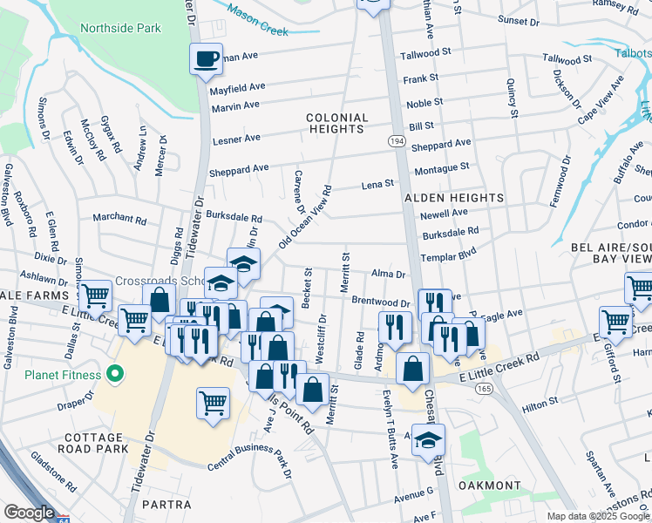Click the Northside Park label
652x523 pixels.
(120, 28)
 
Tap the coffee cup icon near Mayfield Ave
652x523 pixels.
(207, 59)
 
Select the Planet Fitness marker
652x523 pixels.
(115, 375)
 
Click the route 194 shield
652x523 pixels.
(395, 139)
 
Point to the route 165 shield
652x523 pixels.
(484, 388)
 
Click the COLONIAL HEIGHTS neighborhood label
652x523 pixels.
(336, 123)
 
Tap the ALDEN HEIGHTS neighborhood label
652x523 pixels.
(454, 198)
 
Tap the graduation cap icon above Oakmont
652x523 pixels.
(428, 440)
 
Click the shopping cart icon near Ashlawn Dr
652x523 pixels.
(94, 295)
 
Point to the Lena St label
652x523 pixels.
(378, 184)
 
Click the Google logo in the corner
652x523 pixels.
(29, 513)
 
